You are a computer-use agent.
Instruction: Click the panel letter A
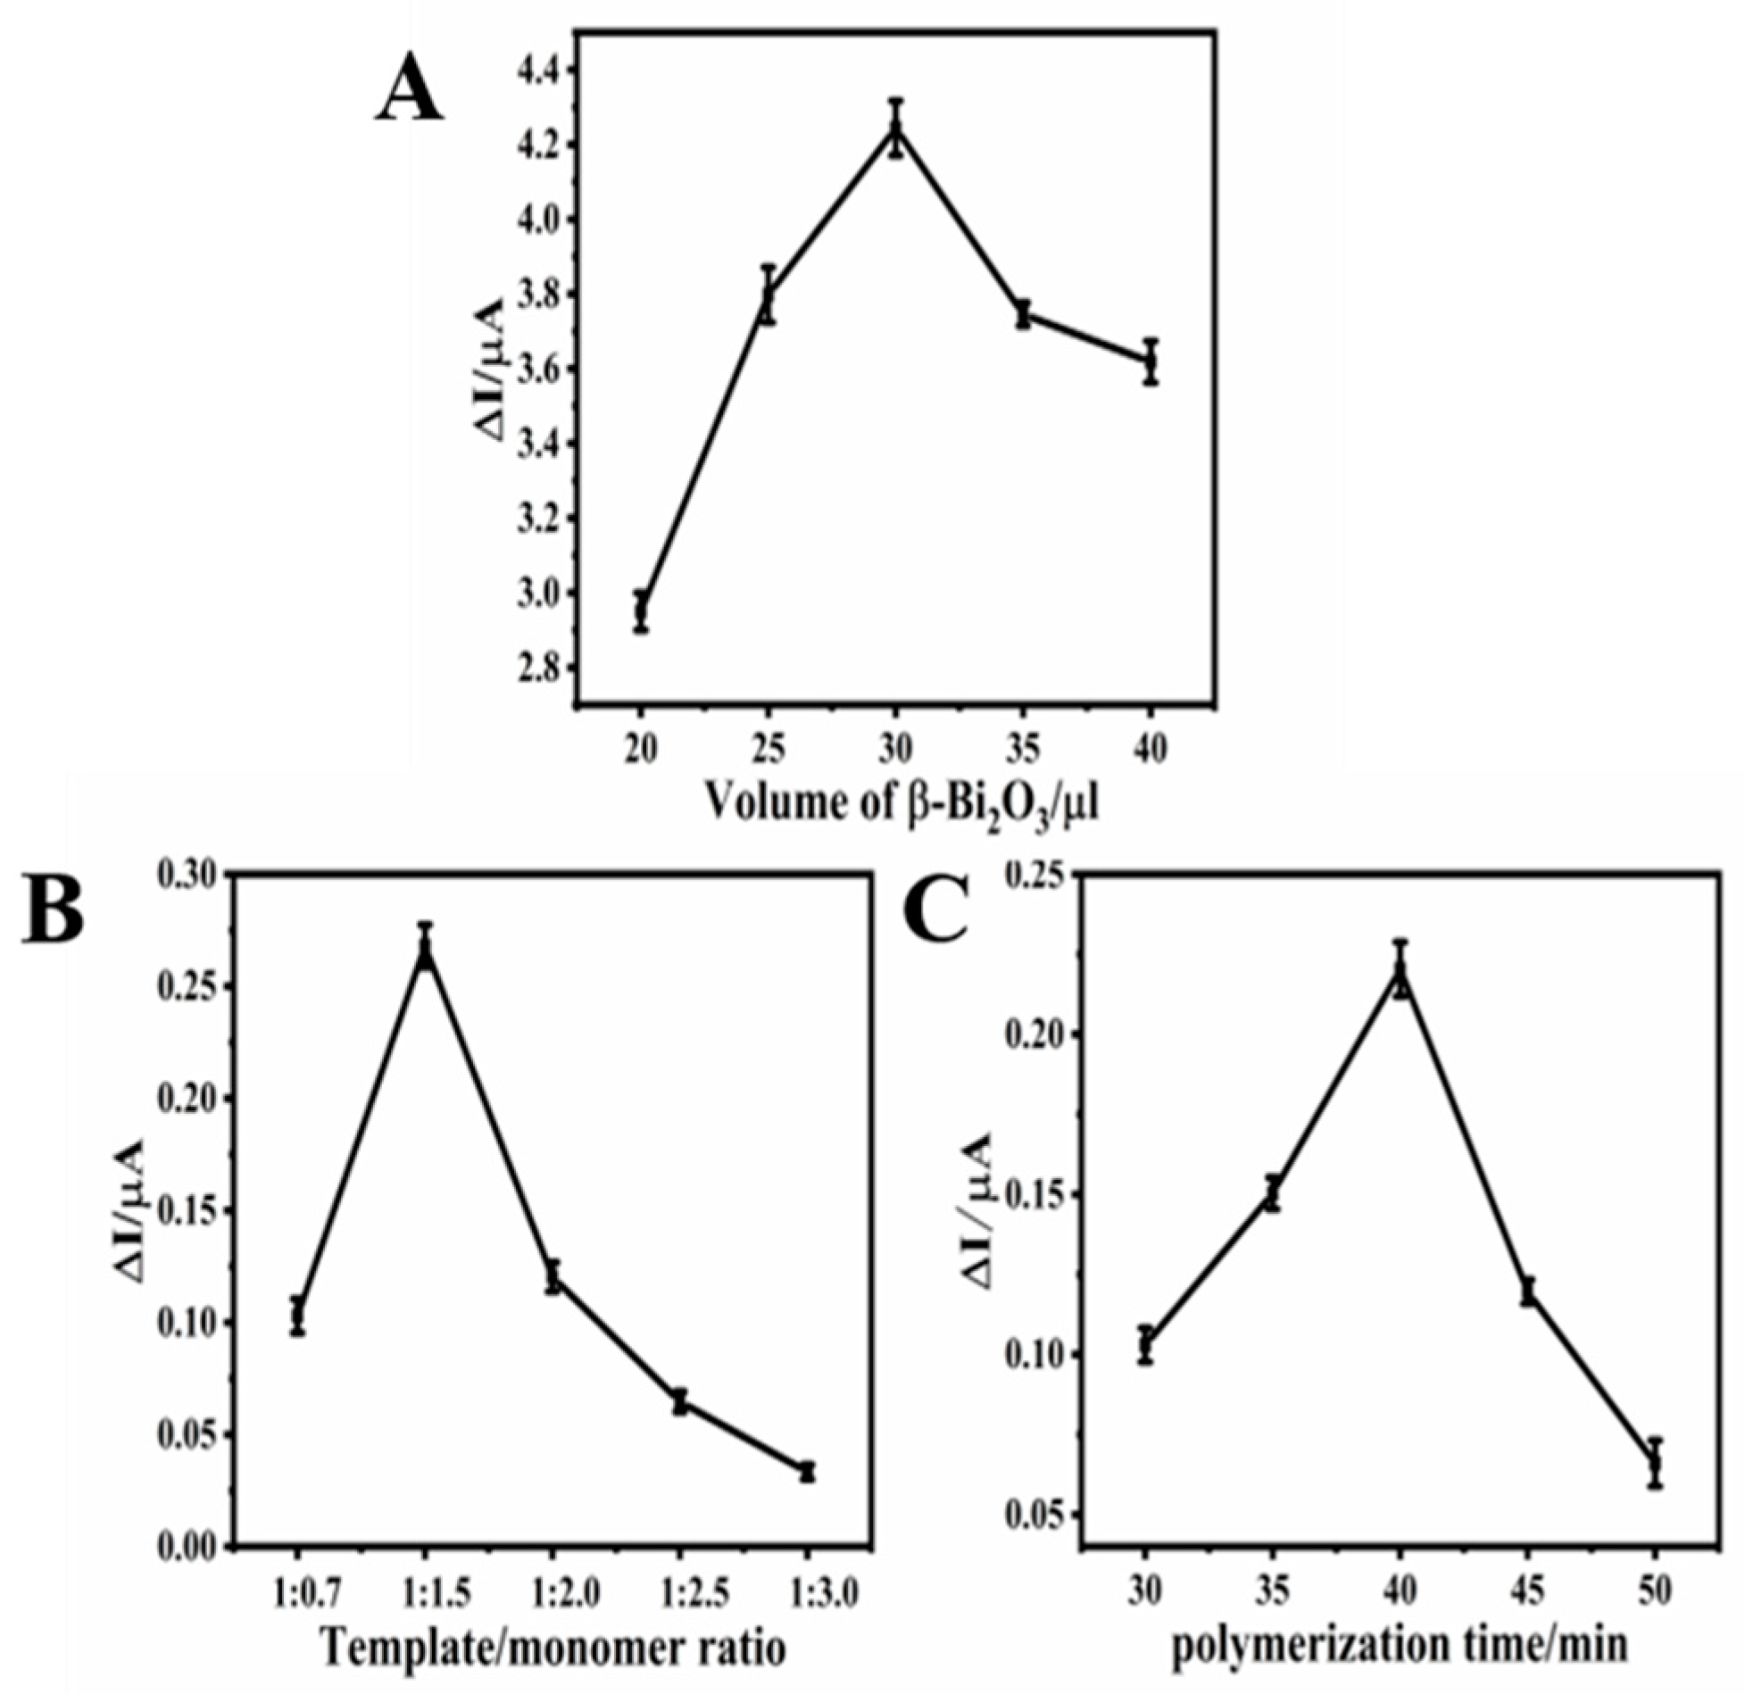[x=410, y=95]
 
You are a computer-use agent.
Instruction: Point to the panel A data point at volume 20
[x=641, y=612]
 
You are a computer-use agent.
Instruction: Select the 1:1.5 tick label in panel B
[x=426, y=1589]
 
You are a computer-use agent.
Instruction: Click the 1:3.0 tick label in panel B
[x=808, y=1589]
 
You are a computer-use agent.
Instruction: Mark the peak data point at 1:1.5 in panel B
[x=426, y=953]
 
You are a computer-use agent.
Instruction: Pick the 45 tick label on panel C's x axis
[x=1528, y=1589]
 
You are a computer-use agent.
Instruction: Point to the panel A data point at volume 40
[x=1151, y=361]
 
